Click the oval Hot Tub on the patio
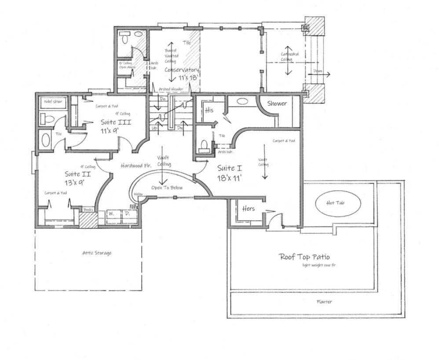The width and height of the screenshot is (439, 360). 338,203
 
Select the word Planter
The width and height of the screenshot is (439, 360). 324,302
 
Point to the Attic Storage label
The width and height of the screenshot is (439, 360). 97,253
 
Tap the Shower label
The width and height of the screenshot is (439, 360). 277,104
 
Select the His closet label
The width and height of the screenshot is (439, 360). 209,110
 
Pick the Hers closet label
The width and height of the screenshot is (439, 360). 249,208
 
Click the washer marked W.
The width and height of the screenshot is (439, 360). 111,214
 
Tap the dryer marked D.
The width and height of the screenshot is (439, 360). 128,214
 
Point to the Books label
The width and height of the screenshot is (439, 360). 88,210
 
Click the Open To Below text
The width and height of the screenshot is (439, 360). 167,188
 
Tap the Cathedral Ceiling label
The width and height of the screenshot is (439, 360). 290,57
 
